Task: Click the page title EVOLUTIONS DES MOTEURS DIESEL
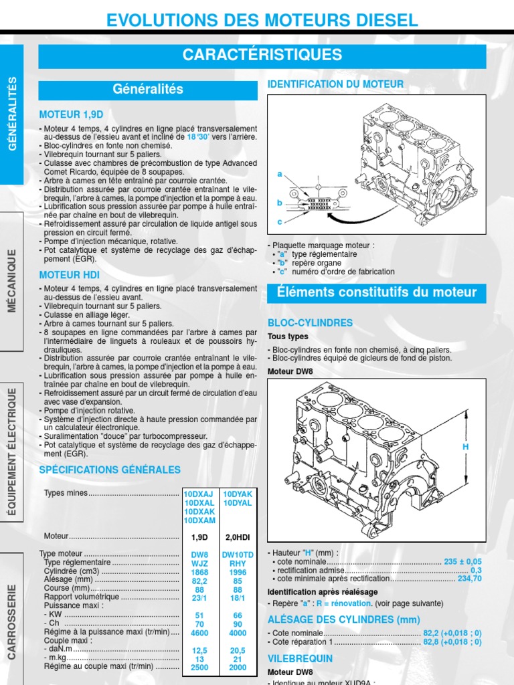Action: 262,20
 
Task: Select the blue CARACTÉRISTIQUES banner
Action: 262,55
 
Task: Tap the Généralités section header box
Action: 148,90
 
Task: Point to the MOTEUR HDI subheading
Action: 69,274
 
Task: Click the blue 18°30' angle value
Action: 198,136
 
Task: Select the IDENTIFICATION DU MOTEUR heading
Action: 335,84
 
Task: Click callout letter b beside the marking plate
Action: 280,202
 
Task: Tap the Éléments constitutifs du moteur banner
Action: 386,292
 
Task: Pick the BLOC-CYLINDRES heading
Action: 310,322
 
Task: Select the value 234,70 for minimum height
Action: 469,579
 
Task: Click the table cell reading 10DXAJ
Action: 199,494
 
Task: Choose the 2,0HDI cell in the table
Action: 238,536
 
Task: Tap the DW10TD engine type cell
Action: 238,555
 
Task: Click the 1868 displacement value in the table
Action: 199,572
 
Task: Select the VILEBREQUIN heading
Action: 303,658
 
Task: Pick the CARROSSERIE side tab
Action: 11,621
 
